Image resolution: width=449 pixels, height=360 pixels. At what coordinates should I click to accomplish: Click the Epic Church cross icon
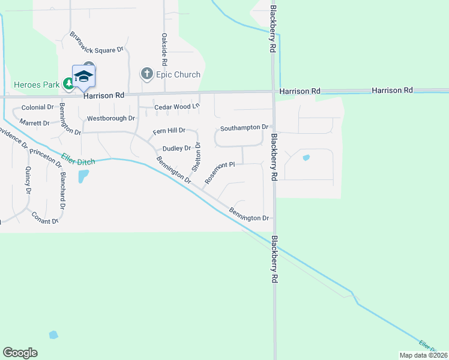coord(146,74)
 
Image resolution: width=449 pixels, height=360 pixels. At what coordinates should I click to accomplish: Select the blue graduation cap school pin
coord(83,76)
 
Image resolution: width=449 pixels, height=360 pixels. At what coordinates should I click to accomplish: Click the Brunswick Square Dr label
coord(96,43)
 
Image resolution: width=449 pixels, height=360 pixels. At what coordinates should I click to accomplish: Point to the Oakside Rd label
coord(164,50)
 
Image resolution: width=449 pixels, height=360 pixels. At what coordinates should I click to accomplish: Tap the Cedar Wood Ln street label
coord(176,107)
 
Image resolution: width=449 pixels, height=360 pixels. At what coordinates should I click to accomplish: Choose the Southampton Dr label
coord(244,128)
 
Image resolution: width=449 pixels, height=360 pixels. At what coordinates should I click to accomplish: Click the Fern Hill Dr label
coord(169,131)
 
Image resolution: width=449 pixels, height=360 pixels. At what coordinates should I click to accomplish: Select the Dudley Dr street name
coord(176,148)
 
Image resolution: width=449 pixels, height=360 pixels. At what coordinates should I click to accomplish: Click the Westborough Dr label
coord(111,119)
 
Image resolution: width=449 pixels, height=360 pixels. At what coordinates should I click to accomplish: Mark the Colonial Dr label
coord(37,107)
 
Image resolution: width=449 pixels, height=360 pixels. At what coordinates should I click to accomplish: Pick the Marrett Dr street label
coord(34,123)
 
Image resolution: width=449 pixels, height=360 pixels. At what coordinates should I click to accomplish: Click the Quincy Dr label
coord(28,181)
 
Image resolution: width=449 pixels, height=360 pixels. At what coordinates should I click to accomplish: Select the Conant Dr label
coord(44,217)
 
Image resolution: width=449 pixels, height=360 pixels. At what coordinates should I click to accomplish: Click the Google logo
coord(20,353)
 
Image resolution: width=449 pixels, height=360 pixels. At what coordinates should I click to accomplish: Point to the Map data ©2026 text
coord(423,355)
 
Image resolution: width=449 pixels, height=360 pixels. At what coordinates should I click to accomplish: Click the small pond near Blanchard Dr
coord(83,176)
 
